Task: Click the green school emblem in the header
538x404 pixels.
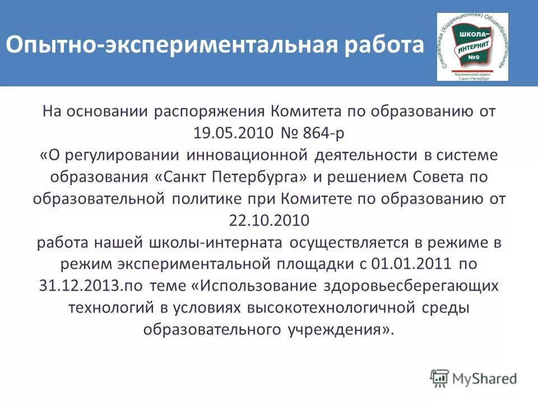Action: click(x=472, y=47)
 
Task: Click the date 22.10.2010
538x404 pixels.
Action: click(x=269, y=221)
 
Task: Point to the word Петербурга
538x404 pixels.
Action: click(x=260, y=177)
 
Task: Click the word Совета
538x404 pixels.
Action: click(x=435, y=177)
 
